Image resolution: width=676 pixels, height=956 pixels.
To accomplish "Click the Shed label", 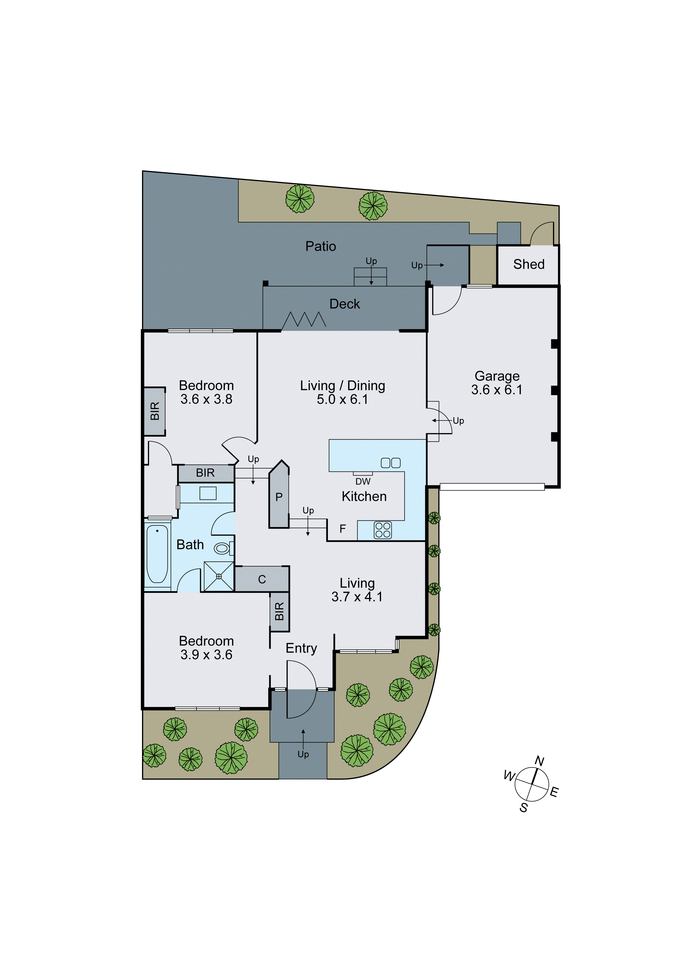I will point(529,264).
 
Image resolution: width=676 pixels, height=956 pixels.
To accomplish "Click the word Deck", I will point(345,304).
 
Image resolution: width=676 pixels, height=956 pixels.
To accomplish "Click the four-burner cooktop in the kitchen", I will point(382,530).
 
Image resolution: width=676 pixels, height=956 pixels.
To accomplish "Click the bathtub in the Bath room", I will point(158,553).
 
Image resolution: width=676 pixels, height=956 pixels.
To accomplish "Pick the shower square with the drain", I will point(219,576).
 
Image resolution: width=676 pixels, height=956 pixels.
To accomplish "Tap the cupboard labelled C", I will point(262,579).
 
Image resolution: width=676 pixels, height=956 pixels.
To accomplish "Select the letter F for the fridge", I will point(342,529).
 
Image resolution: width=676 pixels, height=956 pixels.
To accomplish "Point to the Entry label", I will point(301,648).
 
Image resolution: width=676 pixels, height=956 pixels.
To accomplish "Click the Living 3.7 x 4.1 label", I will point(357,589).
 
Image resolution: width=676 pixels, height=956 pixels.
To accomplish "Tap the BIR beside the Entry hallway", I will point(279,611).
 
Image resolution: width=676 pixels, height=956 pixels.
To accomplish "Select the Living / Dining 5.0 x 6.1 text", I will point(342,392).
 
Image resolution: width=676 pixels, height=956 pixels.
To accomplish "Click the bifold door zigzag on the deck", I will point(304,320).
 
